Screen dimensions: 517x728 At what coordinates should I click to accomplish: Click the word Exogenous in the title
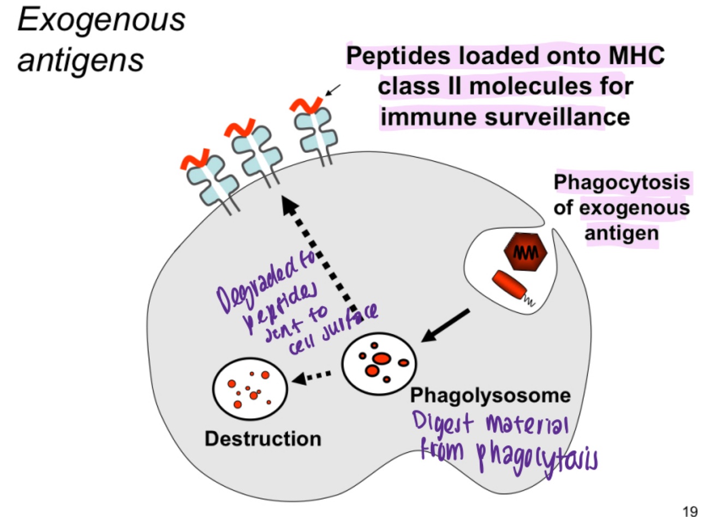102,21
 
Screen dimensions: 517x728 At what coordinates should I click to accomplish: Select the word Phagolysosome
490,395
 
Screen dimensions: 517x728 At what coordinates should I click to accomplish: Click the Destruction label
262,438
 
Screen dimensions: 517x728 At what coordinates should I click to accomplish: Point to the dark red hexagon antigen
524,252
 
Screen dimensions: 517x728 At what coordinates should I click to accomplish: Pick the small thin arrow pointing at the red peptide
332,90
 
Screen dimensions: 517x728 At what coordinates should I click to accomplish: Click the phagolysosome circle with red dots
379,363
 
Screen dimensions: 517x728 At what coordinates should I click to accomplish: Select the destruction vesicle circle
250,388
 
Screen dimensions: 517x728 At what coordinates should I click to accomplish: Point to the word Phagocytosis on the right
622,182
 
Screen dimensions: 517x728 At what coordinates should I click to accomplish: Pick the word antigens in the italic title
81,60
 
